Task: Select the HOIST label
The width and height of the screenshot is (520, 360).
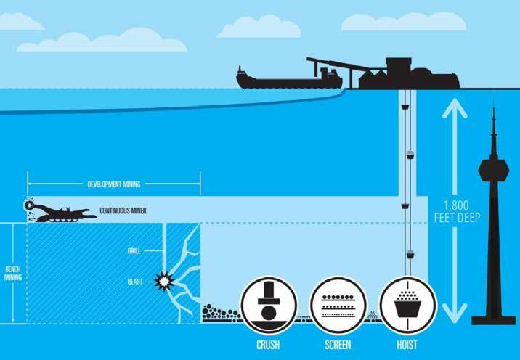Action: click(407, 345)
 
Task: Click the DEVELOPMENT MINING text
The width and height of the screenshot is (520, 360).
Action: click(114, 184)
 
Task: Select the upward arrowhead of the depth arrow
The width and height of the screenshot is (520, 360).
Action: click(454, 109)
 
